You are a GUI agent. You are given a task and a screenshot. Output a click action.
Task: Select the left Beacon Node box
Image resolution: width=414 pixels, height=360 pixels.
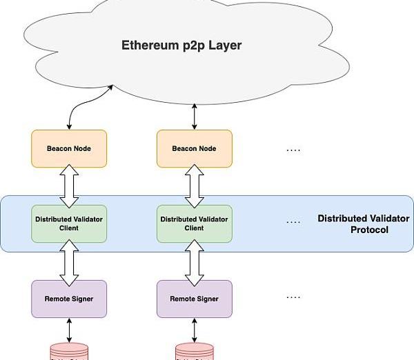69,148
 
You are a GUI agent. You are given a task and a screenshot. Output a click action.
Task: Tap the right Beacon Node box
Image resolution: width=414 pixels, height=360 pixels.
195,148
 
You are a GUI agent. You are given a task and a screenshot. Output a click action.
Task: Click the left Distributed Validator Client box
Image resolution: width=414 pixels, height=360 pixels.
69,223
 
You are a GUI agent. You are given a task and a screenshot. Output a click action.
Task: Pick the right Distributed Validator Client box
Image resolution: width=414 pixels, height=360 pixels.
195,223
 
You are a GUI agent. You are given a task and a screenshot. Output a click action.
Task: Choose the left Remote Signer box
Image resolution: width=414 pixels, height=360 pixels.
69,299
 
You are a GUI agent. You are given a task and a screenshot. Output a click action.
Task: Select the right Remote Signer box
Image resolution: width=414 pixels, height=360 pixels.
195,299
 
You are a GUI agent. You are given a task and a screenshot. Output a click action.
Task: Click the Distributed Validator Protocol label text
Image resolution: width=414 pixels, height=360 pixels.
363,223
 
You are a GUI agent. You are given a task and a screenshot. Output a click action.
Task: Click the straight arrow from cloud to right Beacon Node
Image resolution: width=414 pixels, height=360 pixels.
195,117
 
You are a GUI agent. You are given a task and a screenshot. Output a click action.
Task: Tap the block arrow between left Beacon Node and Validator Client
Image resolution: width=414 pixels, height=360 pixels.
69,186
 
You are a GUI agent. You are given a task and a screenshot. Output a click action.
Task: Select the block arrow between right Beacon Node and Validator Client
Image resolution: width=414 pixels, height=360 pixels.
195,186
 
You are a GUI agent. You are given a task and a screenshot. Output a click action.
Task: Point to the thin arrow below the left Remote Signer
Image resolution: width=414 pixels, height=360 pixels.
69,330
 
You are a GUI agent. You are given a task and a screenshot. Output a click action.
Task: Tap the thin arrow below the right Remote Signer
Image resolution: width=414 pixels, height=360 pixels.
195,330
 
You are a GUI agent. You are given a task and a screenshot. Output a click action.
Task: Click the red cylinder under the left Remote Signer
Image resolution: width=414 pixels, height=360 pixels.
69,351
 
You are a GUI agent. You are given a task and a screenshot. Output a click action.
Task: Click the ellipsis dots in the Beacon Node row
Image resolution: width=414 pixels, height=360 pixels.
293,149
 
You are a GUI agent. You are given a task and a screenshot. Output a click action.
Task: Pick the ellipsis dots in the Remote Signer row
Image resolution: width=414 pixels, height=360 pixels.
293,297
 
